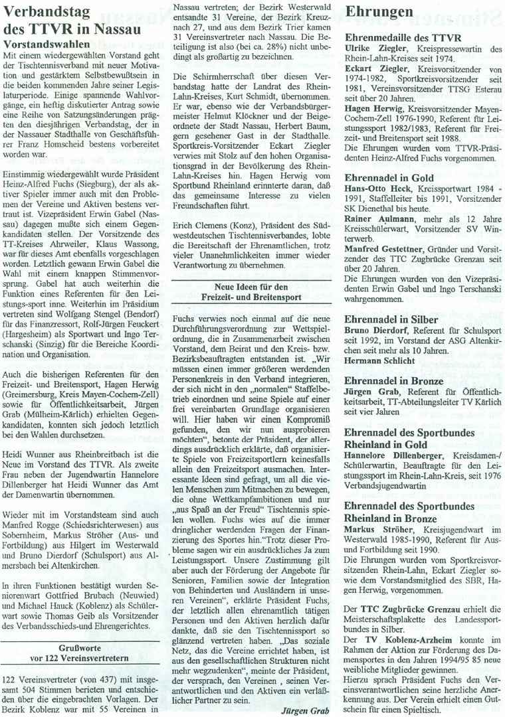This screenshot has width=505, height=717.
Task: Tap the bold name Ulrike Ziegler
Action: pos(375,50)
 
